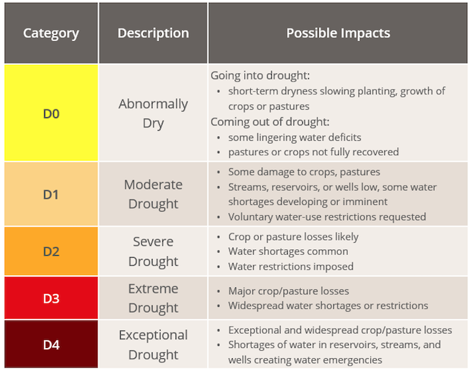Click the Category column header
(51, 33)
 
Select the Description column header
(153, 33)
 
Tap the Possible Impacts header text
(338, 33)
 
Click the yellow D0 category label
(51, 114)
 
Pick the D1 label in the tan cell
(51, 194)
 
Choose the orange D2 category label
(51, 252)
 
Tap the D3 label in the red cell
(51, 298)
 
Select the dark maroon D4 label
(51, 345)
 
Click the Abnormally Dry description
(153, 113)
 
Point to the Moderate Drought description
(153, 194)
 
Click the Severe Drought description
(153, 252)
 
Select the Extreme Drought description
(153, 298)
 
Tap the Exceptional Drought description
(153, 345)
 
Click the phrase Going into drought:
(260, 76)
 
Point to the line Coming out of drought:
(270, 122)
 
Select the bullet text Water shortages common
(288, 252)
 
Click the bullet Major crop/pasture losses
(289, 291)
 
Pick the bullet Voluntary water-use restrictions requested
(327, 217)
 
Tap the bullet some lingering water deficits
(295, 138)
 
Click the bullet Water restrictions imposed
(291, 266)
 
